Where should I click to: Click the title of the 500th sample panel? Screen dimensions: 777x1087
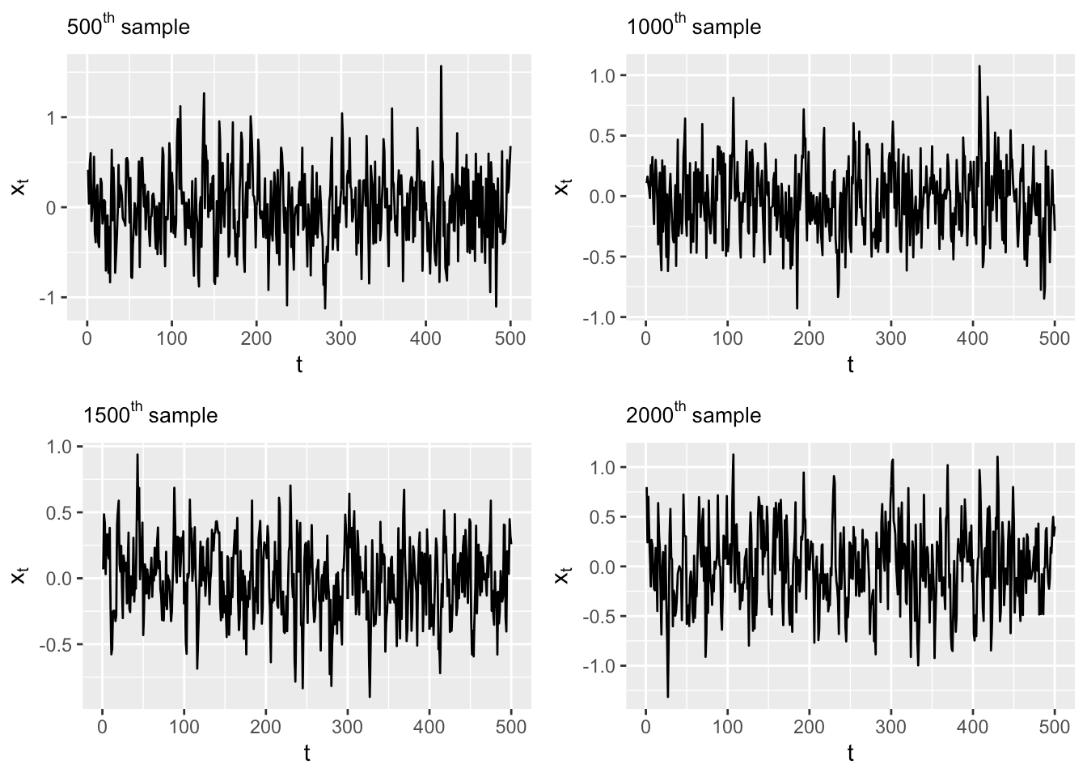point(128,27)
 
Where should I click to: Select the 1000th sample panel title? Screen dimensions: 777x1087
point(693,27)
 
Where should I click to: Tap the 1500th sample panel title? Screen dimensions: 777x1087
point(150,415)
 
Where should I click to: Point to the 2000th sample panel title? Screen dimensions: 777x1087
point(693,415)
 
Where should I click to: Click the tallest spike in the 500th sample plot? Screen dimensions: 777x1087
point(441,66)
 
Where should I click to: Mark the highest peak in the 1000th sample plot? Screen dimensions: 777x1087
point(979,66)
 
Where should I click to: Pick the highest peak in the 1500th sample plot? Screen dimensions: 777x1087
point(137,454)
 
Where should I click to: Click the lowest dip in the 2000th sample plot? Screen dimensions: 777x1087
point(668,697)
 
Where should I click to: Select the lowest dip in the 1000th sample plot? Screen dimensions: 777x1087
point(797,308)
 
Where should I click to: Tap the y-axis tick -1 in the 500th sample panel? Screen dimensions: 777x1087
point(50,298)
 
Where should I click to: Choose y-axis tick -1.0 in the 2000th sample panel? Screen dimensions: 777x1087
point(600,666)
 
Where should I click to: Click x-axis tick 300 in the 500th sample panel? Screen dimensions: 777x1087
point(340,338)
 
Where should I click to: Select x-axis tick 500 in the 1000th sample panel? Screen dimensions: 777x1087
point(1055,338)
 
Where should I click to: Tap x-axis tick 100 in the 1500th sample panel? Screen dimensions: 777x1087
point(184,727)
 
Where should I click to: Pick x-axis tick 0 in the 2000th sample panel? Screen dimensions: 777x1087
point(645,727)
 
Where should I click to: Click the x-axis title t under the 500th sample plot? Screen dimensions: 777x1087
point(299,364)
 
